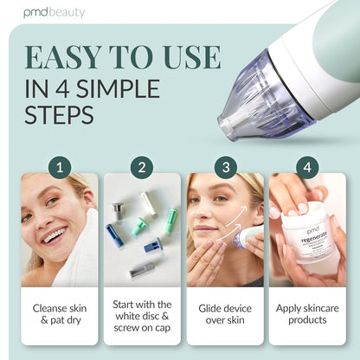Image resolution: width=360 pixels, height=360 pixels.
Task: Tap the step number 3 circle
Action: (x=223, y=165)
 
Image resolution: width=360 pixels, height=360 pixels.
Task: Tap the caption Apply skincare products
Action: (x=306, y=313)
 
